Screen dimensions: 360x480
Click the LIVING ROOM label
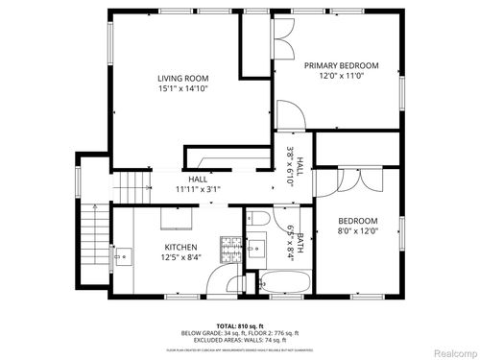[x=183, y=78]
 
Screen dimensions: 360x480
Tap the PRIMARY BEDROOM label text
[x=342, y=65]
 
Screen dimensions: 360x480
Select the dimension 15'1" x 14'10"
[x=183, y=88]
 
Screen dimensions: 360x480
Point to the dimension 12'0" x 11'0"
[x=342, y=76]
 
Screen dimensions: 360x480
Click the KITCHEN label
[x=179, y=247]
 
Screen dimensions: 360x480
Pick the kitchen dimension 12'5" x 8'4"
[x=179, y=257]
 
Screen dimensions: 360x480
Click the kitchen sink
[x=124, y=256]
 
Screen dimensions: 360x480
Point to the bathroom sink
[x=256, y=249]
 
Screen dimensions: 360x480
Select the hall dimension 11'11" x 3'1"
[x=198, y=189]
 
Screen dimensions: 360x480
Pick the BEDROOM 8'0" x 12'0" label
[x=358, y=226]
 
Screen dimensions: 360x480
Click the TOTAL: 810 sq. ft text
[x=239, y=325]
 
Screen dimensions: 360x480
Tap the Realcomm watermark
[x=448, y=351]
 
